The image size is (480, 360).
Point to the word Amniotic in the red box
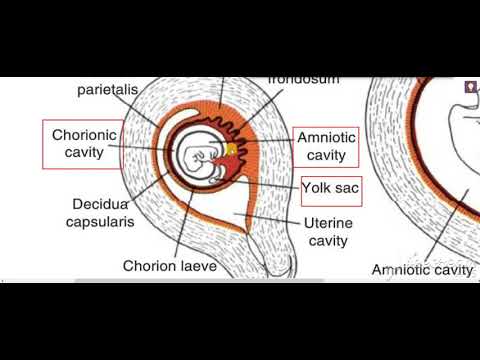(327, 138)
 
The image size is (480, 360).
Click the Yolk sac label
(331, 187)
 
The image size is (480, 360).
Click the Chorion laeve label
(169, 266)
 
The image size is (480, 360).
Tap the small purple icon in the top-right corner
(469, 87)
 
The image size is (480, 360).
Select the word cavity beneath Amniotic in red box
(327, 156)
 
